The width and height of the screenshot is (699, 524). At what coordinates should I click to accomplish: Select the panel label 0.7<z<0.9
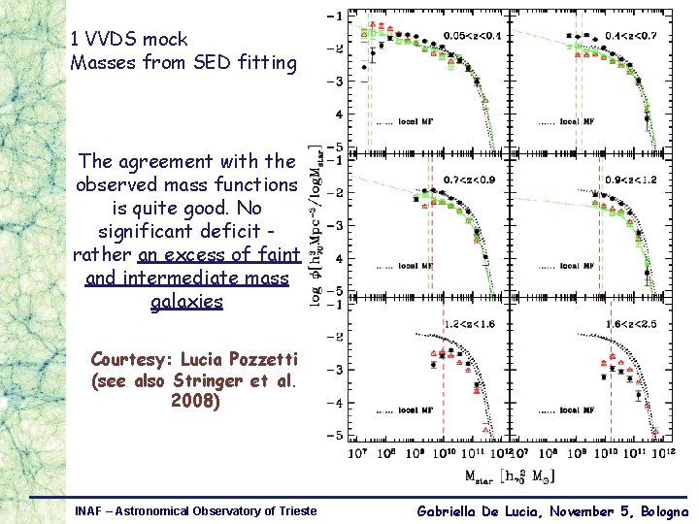(x=469, y=179)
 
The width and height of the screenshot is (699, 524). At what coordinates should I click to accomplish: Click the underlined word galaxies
(x=187, y=302)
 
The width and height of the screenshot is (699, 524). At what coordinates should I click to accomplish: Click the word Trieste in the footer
(x=294, y=510)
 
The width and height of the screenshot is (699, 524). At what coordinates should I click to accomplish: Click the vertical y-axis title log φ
(x=317, y=223)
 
